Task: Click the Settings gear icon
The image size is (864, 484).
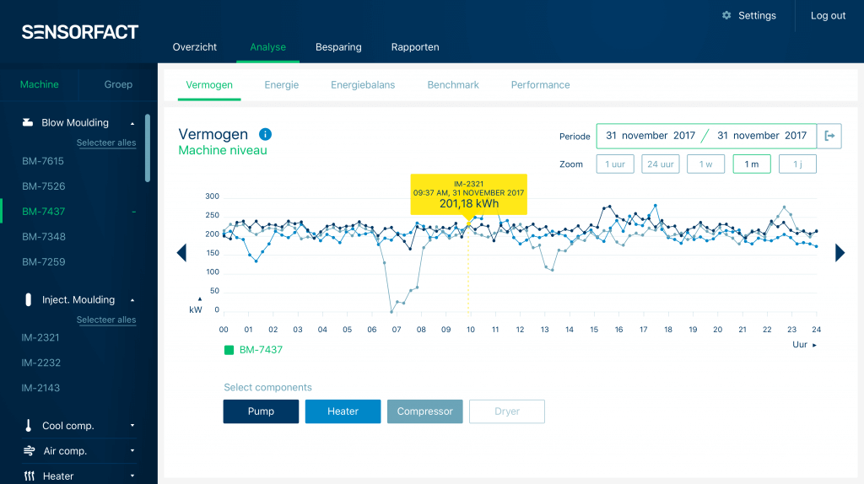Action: [x=726, y=16]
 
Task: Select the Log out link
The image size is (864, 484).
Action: [x=828, y=16]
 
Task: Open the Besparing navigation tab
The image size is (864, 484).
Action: [x=338, y=47]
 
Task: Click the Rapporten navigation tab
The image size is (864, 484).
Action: [x=415, y=47]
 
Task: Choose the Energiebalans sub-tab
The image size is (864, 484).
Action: [x=363, y=85]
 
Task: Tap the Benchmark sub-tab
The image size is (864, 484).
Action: [x=453, y=85]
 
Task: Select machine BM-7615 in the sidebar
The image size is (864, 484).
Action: [x=43, y=161]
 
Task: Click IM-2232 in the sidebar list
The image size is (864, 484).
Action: [x=41, y=363]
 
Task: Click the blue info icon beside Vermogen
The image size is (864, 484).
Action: [x=265, y=134]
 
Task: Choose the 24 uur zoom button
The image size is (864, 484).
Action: [x=660, y=164]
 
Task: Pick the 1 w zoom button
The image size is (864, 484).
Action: [x=705, y=164]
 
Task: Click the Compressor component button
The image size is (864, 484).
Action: [x=425, y=411]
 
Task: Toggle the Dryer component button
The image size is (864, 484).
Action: [x=507, y=411]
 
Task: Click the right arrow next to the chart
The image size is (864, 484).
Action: [x=840, y=253]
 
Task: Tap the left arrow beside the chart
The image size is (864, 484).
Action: [x=181, y=253]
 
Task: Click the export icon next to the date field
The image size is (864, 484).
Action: [x=830, y=136]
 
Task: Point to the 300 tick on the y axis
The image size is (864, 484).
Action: [x=212, y=196]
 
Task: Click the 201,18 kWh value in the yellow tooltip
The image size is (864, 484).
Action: [x=468, y=204]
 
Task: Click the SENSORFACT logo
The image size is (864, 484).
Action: [x=80, y=33]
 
